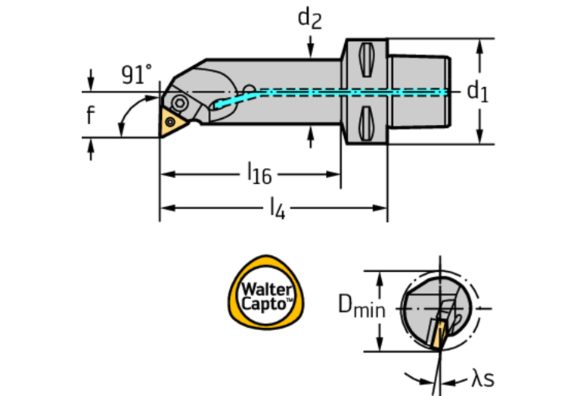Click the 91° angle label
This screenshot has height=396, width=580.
(x=136, y=75)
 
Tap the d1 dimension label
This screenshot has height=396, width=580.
(x=477, y=92)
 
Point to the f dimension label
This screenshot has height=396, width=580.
(x=91, y=116)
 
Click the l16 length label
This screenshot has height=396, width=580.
(x=259, y=174)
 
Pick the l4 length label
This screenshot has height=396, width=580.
(x=278, y=207)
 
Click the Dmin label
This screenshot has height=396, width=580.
(x=361, y=308)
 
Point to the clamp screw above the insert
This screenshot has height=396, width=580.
(x=180, y=102)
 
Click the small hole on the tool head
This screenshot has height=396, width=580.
(x=250, y=87)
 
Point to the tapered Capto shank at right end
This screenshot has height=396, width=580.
(x=420, y=91)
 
